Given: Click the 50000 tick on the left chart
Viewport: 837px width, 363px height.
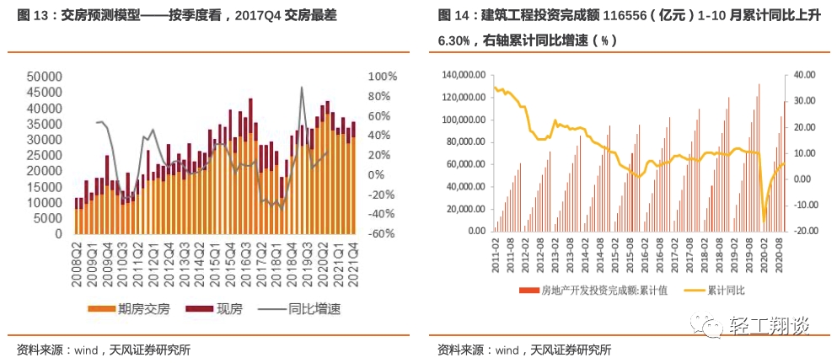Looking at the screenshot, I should [44, 77].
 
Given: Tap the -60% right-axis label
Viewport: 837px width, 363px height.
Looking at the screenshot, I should [383, 233].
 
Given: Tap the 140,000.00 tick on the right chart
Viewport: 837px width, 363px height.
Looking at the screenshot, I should [464, 75].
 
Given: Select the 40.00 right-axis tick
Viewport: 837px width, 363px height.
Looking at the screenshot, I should [802, 75].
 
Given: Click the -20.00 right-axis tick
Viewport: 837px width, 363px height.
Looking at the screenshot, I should [802, 230].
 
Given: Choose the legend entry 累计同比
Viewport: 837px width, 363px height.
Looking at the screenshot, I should [729, 291].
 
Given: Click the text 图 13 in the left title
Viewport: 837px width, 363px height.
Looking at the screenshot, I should [35, 15].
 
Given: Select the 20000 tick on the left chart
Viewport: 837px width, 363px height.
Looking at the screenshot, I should [44, 171].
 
